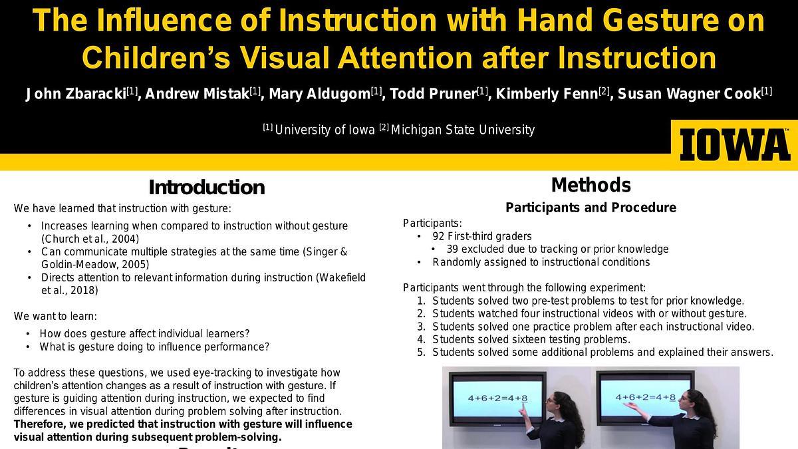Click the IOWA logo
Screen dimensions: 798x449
coord(735,145)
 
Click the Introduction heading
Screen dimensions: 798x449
coord(207,188)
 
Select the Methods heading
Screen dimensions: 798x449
coord(591,185)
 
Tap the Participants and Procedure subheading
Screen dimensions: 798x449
coord(591,208)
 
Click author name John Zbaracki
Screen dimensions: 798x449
coord(76,94)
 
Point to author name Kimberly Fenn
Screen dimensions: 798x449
coord(547,94)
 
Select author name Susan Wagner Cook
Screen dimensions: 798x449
coord(690,94)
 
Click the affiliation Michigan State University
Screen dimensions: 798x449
coord(463,130)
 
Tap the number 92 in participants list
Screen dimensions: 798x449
coord(438,236)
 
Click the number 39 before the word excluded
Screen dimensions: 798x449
coord(452,249)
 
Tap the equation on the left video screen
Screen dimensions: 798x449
coord(497,398)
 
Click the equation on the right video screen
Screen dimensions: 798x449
coord(645,397)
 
